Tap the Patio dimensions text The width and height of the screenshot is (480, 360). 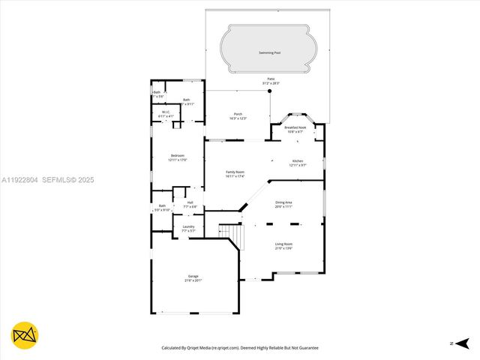tap(271, 82)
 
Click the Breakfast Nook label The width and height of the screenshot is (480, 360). tap(295, 128)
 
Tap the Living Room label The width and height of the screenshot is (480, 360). tap(283, 244)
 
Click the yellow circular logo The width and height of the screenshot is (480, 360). tap(25, 334)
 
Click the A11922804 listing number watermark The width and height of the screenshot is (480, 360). tap(19, 180)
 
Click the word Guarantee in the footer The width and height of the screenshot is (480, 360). tap(305, 348)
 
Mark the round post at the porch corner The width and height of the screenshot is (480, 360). tap(269, 91)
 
